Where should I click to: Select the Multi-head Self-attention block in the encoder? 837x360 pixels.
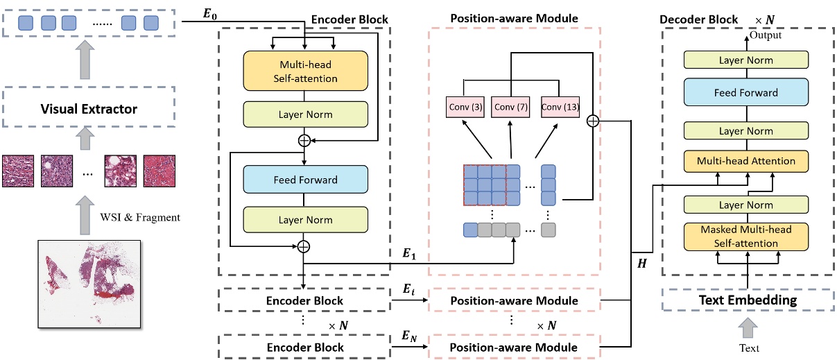click(304, 71)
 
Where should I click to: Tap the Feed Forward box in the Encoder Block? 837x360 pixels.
click(304, 180)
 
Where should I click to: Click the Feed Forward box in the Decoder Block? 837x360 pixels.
click(747, 92)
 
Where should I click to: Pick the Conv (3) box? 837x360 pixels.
click(464, 107)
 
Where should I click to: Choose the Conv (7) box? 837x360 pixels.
click(510, 107)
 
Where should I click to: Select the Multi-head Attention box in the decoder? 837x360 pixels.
click(747, 161)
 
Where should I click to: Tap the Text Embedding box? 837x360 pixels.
click(747, 300)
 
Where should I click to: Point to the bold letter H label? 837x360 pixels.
click(641, 265)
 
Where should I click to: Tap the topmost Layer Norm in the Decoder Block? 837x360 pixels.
click(747, 60)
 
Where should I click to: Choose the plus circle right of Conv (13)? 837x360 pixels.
click(593, 121)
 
